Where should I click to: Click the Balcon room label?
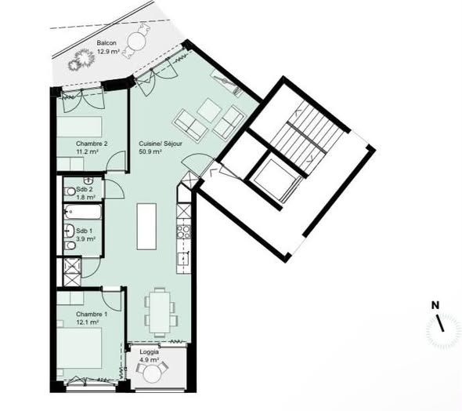click(x=106, y=43)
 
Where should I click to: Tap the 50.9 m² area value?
click(x=150, y=152)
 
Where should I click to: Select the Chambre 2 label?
click(x=92, y=144)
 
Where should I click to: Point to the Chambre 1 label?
click(x=92, y=315)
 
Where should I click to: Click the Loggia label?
click(x=149, y=352)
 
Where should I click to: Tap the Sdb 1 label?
click(x=84, y=231)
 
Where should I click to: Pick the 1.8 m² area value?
click(x=85, y=198)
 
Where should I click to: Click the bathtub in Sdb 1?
click(x=83, y=212)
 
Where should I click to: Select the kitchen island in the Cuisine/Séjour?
click(x=146, y=227)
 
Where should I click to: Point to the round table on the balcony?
click(x=136, y=42)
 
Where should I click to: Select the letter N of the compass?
click(x=435, y=305)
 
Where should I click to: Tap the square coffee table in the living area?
click(x=210, y=111)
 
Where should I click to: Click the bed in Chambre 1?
click(x=79, y=348)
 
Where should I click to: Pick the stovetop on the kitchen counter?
click(x=183, y=231)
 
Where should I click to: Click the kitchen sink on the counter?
click(x=183, y=260)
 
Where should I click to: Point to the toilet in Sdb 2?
click(x=70, y=191)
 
